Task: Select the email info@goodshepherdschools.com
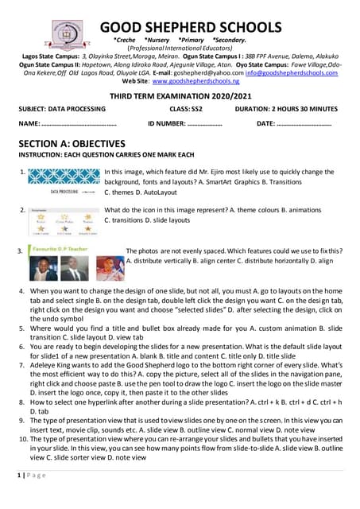click(289, 72)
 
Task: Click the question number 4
click(21, 292)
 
